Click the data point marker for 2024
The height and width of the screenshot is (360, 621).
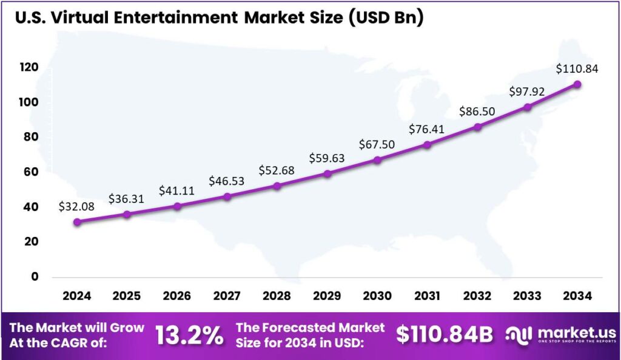77,222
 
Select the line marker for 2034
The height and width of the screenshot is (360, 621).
577,84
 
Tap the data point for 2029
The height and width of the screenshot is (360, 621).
327,174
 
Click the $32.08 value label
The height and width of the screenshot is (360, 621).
76,206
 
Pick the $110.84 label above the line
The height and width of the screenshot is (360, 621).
577,69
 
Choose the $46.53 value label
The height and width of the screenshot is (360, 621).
226,181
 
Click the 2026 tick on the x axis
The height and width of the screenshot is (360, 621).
177,296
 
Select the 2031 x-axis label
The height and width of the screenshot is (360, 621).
427,296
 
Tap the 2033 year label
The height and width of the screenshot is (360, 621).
527,296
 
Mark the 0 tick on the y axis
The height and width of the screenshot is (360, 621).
35,277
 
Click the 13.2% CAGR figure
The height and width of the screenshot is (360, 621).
189,336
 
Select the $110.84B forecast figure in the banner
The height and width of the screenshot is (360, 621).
444,336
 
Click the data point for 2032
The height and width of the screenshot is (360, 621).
477,127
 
